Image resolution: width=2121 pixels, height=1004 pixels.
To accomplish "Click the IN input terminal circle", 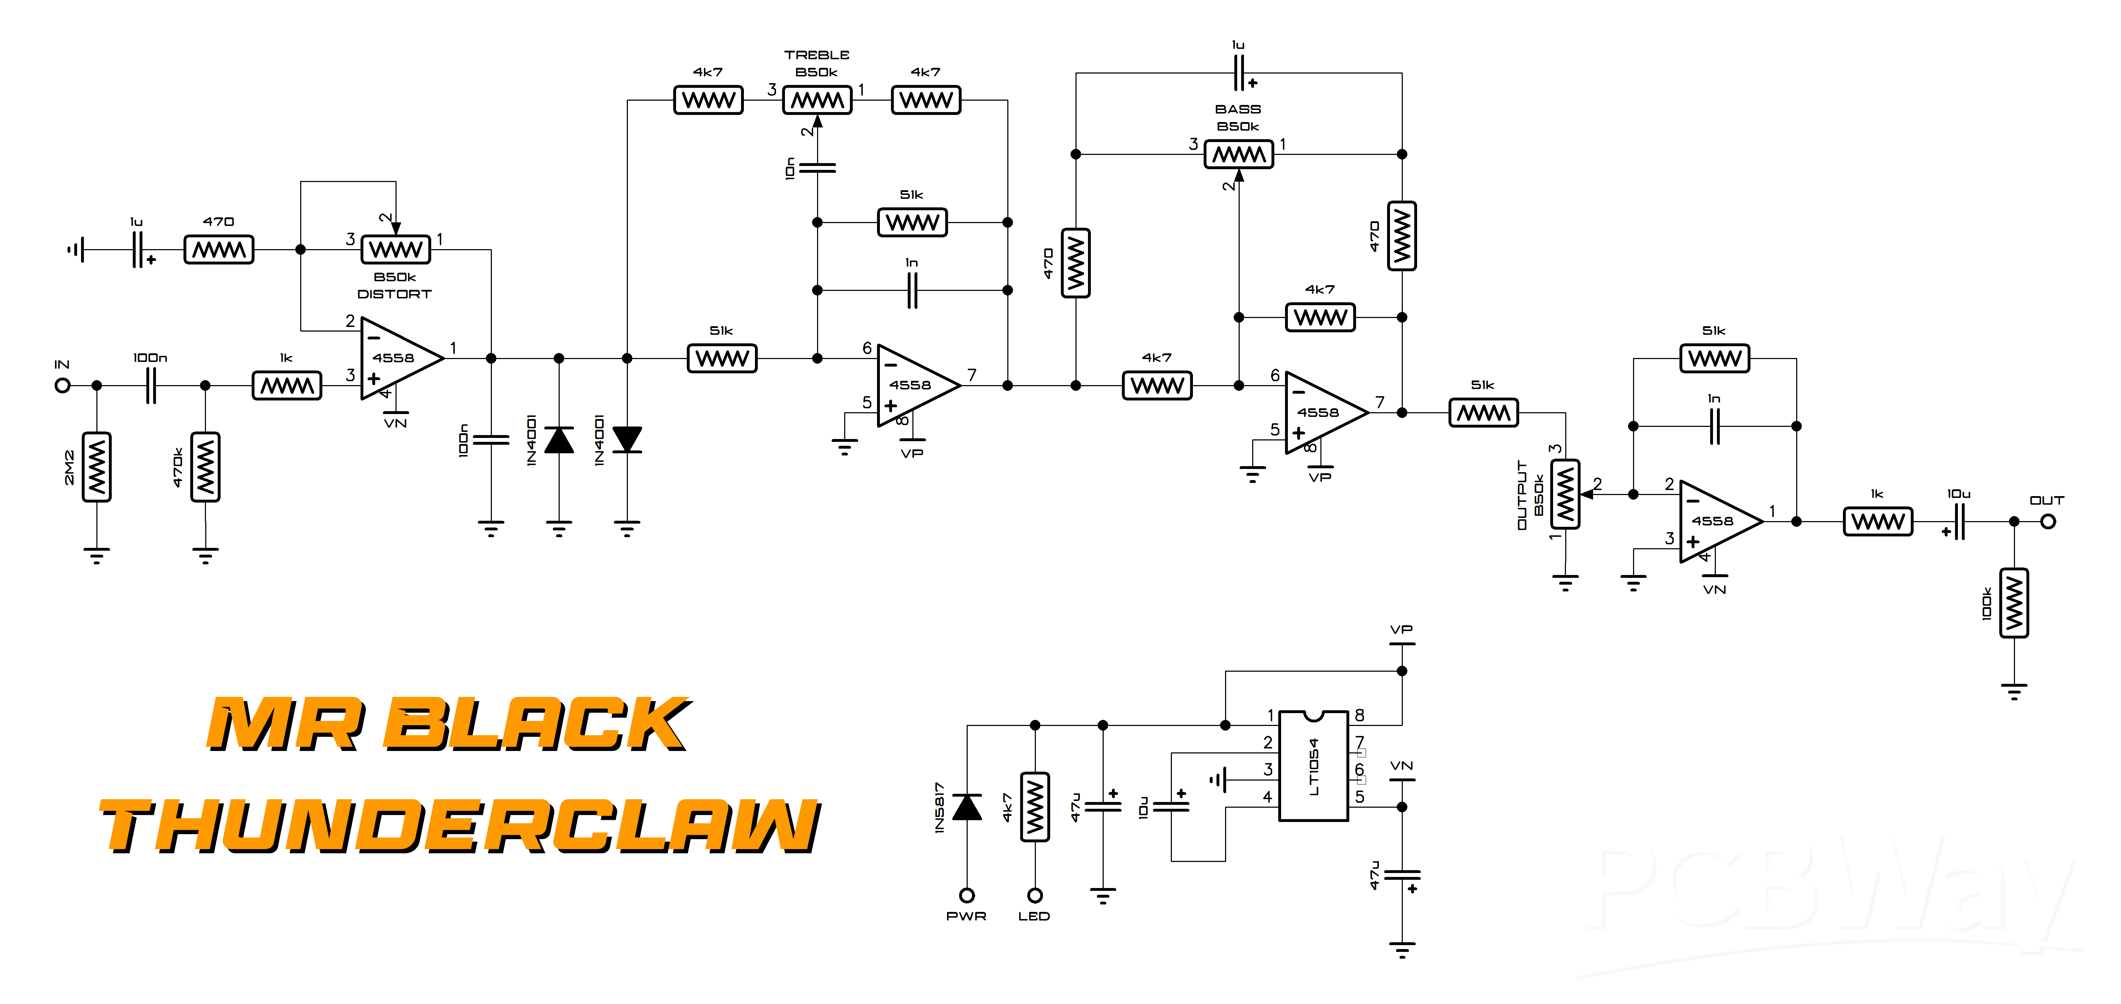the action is [62, 385].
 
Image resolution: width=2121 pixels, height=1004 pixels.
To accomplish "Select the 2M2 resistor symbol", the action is [97, 466].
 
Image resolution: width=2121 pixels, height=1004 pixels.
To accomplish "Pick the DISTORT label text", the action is [394, 294].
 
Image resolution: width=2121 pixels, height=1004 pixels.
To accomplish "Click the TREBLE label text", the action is [817, 54].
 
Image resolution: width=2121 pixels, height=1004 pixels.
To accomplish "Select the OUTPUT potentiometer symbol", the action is [1565, 494].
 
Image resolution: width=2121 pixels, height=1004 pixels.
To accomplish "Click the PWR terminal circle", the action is [967, 895].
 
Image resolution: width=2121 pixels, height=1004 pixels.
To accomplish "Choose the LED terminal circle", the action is [1035, 895].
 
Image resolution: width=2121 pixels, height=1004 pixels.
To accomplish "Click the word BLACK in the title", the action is [538, 724].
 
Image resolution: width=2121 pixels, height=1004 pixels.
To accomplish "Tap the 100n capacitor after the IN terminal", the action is [151, 385].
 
